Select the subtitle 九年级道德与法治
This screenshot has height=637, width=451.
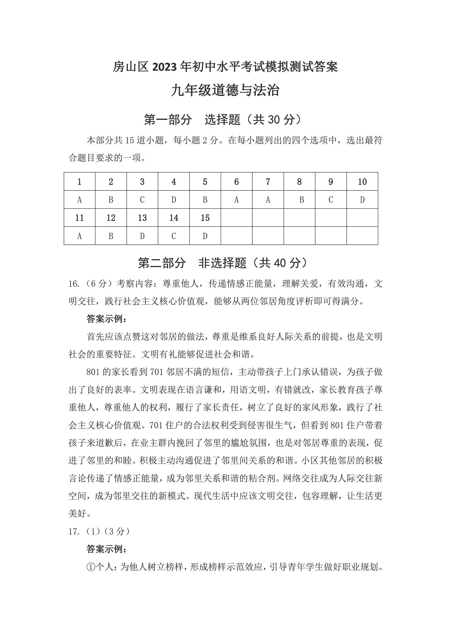[x=225, y=91]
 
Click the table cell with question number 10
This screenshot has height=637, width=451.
[x=362, y=182]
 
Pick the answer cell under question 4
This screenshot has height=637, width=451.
[x=174, y=200]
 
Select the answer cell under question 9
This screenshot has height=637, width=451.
[x=331, y=200]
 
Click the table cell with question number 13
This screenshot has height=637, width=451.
[x=142, y=218]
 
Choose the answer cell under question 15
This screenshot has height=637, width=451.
[x=205, y=236]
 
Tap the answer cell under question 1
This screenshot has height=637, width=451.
[x=79, y=200]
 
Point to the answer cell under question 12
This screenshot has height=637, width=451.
[x=111, y=236]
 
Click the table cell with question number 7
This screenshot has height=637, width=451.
[x=268, y=182]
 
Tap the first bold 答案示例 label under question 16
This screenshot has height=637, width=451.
[x=106, y=319]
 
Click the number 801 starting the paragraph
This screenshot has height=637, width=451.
[x=93, y=372]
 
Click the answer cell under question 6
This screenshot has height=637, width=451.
[x=236, y=200]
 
